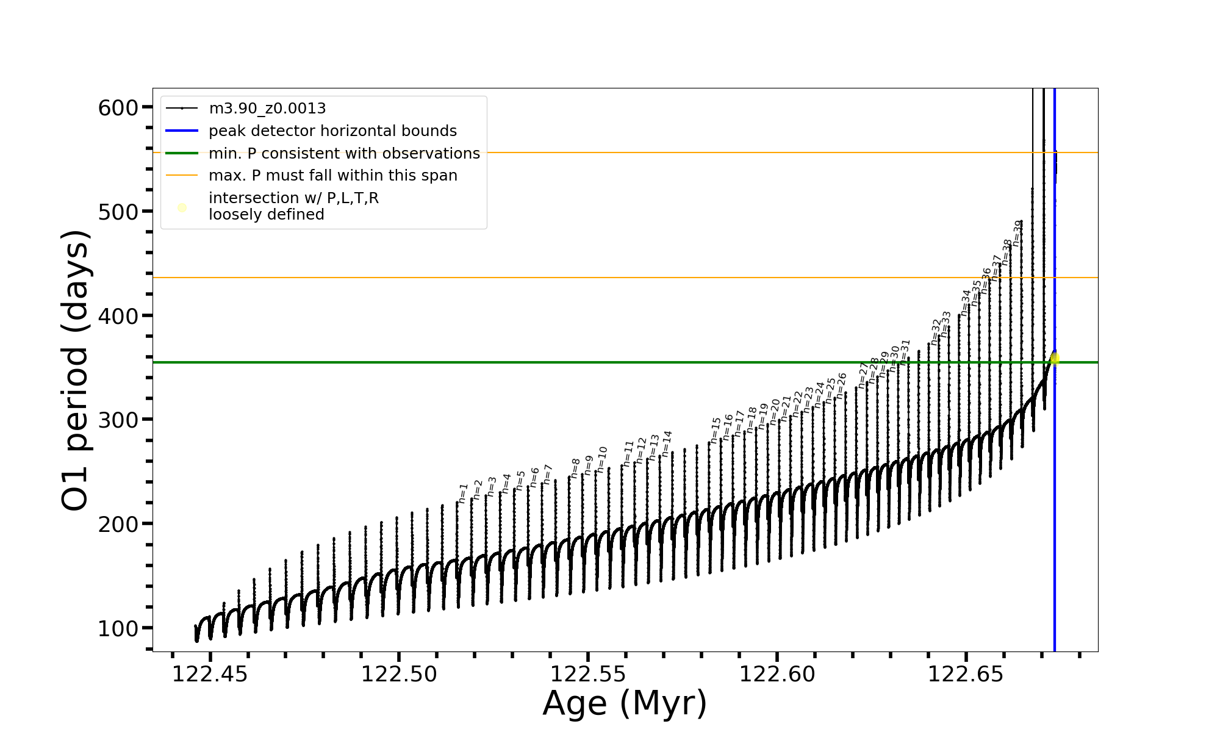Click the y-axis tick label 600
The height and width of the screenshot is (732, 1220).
pos(118,108)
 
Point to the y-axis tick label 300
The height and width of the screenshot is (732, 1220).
pos(118,420)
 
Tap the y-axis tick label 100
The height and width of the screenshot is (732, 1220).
pos(118,628)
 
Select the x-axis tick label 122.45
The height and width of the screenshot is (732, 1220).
pos(210,675)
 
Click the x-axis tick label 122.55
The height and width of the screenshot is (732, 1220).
pos(587,675)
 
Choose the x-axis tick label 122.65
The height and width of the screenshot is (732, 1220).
pos(966,675)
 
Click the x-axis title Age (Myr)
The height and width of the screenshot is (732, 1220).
pos(625,703)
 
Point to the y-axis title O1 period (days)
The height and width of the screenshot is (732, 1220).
pos(76,370)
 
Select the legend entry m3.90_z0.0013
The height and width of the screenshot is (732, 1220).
pos(267,109)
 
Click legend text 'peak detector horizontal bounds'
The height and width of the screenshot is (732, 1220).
pos(332,131)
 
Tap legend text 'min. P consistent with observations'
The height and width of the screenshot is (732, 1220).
pos(344,154)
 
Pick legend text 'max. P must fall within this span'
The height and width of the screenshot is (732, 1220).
pos(332,176)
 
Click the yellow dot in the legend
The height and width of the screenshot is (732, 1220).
pos(182,207)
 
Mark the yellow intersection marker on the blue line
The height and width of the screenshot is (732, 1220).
pos(1055,359)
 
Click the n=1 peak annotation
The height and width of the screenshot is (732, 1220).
pos(463,493)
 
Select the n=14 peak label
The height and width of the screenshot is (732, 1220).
pos(667,443)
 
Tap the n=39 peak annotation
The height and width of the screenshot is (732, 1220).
pos(1017,232)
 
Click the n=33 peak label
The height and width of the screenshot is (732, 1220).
pos(945,324)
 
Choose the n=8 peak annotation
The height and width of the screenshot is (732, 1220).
pos(575,468)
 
